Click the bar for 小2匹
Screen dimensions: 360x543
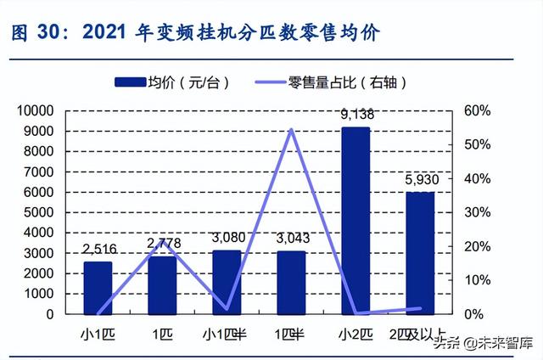click(x=355, y=221)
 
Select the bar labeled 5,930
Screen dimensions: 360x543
click(x=419, y=253)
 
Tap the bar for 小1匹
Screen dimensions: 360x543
click(x=98, y=288)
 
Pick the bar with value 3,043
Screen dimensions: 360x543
click(x=290, y=283)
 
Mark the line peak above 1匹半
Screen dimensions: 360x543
click(x=291, y=130)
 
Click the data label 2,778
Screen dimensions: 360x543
click(x=164, y=245)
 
